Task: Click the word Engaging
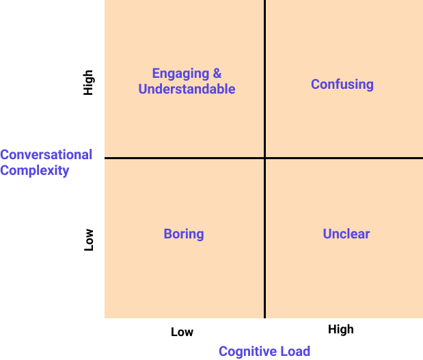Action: [177, 74]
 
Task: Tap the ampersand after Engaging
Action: [217, 74]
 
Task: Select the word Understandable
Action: [187, 89]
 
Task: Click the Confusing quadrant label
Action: [342, 85]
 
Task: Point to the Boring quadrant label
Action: [184, 234]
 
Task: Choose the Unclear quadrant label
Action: [346, 234]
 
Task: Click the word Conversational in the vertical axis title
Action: [46, 154]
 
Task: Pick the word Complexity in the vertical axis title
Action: [35, 170]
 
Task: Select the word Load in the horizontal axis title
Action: [295, 351]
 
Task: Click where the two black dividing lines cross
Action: [264, 158]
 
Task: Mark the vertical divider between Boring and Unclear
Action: [264, 239]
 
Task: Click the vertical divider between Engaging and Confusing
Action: [264, 79]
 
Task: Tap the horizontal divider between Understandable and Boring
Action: [185, 158]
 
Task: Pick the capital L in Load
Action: [282, 351]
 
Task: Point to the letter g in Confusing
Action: [369, 86]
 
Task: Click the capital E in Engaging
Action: [156, 74]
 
